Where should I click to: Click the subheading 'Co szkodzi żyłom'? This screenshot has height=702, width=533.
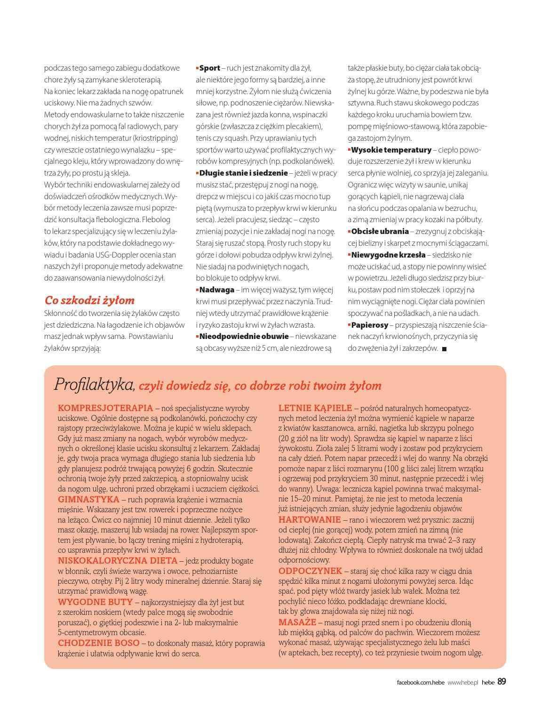[x=89, y=300]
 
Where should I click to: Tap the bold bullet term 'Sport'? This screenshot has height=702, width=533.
[x=209, y=68]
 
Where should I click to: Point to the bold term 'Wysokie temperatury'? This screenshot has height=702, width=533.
[x=391, y=150]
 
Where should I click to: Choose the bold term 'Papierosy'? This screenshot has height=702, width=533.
[x=369, y=325]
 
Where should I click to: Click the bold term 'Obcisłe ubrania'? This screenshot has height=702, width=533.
[x=380, y=231]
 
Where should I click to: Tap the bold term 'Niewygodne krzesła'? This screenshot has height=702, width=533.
[x=388, y=255]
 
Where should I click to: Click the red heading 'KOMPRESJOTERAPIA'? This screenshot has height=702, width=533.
[x=105, y=408]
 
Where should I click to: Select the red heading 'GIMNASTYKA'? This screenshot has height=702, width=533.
[x=88, y=499]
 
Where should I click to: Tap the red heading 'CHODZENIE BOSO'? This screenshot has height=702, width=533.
[x=99, y=643]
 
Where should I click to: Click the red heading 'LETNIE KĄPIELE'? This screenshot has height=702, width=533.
[x=315, y=408]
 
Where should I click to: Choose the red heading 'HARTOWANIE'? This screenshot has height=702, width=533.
[x=310, y=519]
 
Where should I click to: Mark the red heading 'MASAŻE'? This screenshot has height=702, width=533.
[x=297, y=622]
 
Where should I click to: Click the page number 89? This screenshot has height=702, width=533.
[x=501, y=681]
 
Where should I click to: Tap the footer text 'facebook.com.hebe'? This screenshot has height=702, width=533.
[x=421, y=682]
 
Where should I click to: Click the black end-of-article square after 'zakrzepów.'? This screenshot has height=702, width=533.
[x=445, y=349]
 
